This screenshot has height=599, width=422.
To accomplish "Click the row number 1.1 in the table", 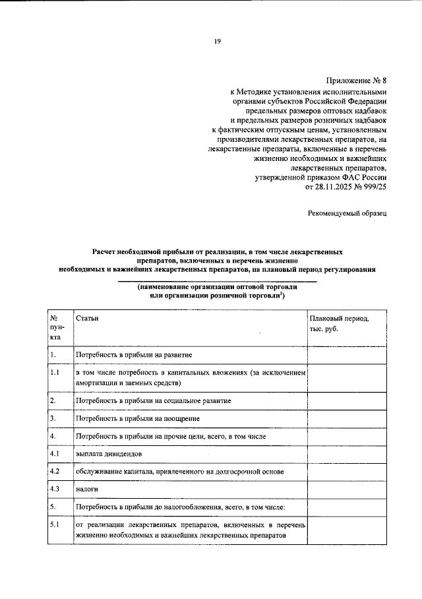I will coord(55,373).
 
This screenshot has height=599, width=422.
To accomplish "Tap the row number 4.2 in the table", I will coord(55,472).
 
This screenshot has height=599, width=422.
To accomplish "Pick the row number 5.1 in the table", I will coord(55,524).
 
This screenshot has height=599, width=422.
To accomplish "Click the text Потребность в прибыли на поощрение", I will coord(138,418).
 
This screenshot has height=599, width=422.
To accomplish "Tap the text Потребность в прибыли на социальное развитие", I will coord(153,400).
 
